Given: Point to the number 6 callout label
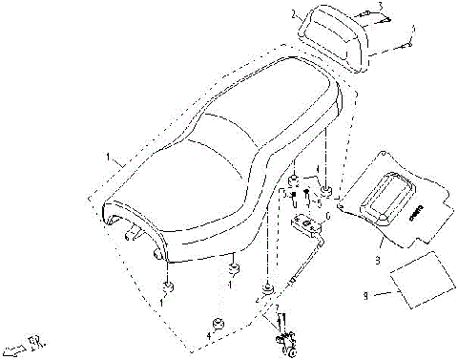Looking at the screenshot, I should click(329, 216).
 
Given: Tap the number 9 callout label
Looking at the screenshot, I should click(365, 296).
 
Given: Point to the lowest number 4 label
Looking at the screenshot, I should click(209, 336).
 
